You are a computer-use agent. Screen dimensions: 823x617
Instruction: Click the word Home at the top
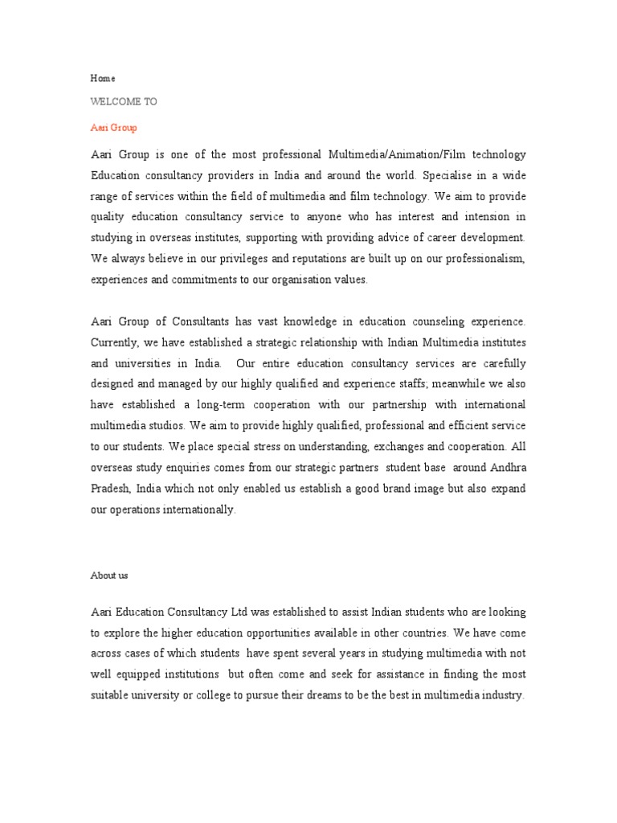[x=102, y=79]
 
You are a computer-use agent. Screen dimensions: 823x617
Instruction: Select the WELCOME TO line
[x=124, y=102]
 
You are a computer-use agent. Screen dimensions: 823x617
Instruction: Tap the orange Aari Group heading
[x=113, y=127]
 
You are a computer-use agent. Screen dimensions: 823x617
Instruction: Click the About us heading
[x=108, y=575]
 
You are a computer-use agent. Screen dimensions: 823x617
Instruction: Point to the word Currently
[x=115, y=342]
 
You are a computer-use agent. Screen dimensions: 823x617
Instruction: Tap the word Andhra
[x=506, y=468]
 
